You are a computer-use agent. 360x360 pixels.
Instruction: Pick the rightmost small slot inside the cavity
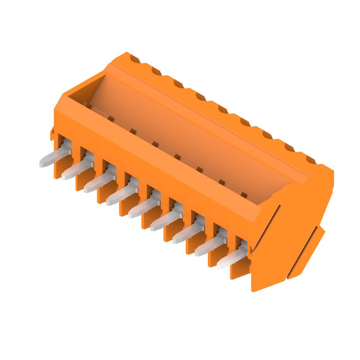243,195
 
